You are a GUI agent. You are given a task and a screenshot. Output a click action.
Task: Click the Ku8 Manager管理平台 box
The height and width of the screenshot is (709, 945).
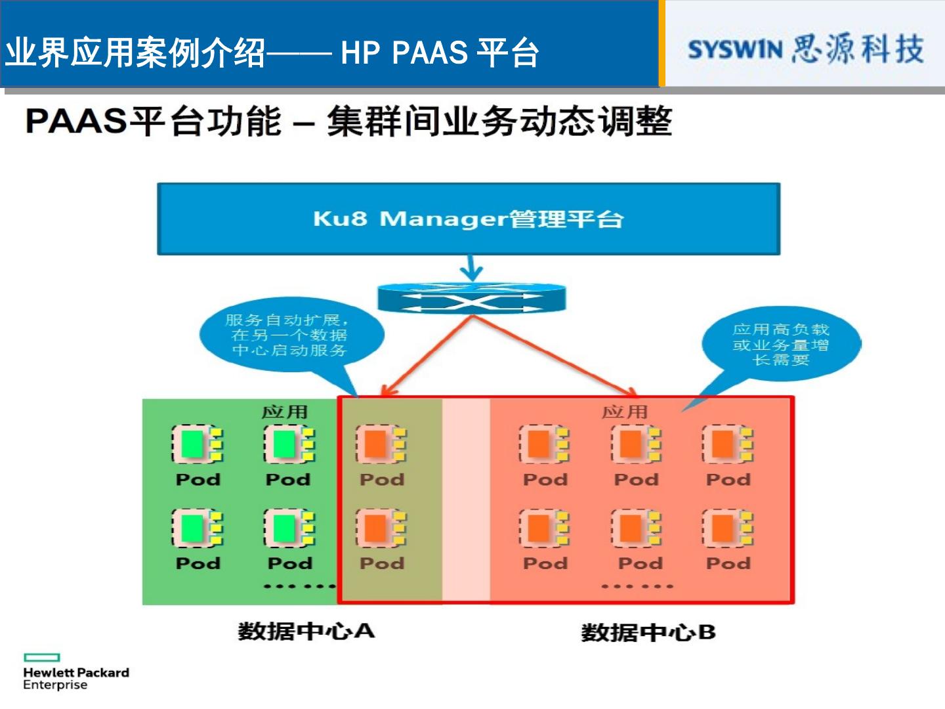point(469,219)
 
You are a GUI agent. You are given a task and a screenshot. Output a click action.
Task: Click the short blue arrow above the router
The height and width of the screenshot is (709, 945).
point(471,268)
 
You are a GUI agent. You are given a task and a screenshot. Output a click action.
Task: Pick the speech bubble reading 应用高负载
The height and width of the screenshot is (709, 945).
point(781,343)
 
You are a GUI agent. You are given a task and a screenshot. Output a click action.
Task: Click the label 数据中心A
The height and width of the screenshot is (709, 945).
point(306,631)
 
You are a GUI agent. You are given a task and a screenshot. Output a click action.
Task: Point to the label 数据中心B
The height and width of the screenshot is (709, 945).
point(648,632)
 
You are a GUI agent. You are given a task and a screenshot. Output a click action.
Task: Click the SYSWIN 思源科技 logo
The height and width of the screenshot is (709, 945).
point(806,49)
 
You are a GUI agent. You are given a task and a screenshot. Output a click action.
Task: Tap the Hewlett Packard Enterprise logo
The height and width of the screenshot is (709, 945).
point(75,672)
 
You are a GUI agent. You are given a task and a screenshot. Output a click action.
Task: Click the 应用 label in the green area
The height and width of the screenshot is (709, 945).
point(285,412)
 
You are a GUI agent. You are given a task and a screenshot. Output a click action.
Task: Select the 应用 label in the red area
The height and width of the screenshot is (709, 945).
point(625,412)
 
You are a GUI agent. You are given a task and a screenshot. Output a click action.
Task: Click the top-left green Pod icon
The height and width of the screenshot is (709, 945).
point(197,444)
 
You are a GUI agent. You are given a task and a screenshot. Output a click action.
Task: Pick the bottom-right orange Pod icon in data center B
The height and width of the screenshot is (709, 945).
point(728,528)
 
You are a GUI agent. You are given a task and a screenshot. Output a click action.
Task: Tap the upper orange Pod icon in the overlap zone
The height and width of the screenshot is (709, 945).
point(381,444)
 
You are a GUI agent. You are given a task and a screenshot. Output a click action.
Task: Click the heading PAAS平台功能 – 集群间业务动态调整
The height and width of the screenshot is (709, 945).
point(348,121)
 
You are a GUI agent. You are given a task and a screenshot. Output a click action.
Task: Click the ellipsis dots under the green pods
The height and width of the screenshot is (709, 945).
point(300,586)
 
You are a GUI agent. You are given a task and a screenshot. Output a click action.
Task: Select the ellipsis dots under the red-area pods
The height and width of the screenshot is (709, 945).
point(637,586)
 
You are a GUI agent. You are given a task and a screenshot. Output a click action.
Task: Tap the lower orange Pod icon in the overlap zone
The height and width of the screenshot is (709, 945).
point(381,528)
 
